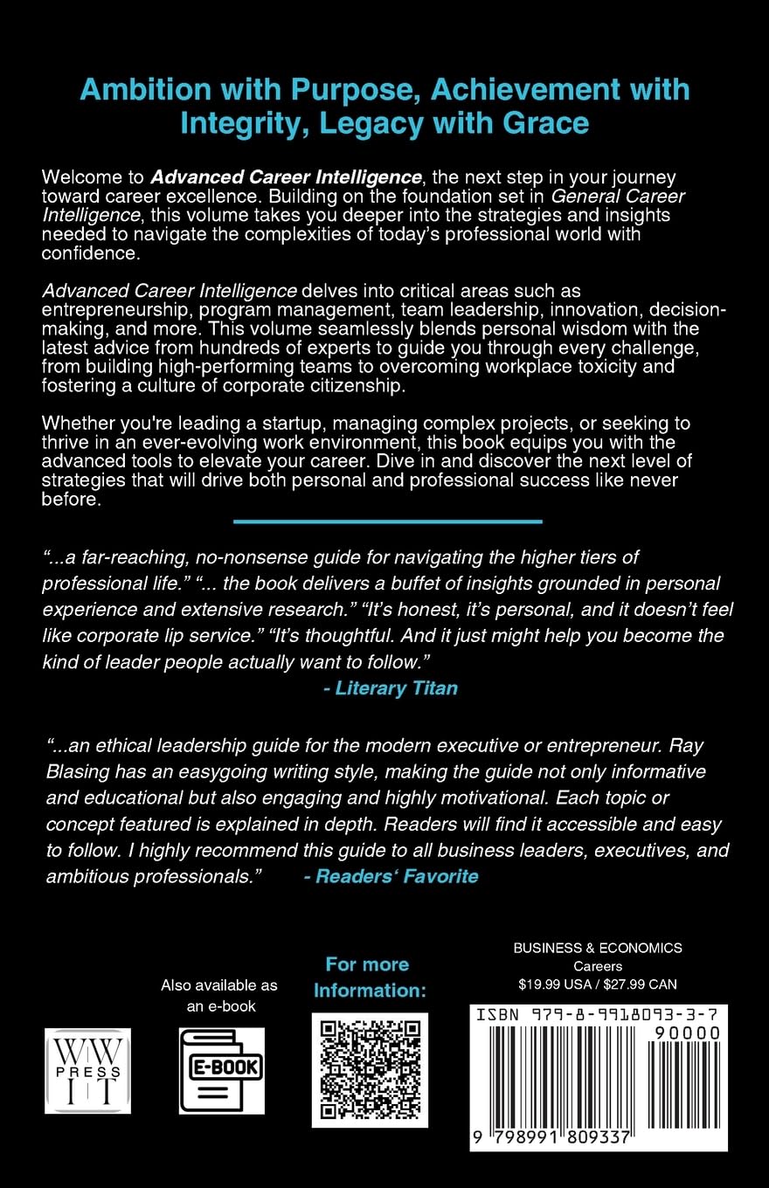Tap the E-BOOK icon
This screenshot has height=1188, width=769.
tap(221, 1070)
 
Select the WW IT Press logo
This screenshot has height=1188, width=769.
tap(87, 1070)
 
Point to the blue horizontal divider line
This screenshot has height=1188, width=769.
tap(388, 521)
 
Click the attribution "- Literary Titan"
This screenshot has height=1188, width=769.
tap(390, 687)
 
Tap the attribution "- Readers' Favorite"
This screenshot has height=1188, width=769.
tap(391, 875)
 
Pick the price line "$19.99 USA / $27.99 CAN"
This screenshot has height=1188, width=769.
tap(598, 984)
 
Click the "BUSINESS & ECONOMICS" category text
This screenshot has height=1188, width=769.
tap(598, 947)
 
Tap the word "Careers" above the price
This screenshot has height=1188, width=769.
tap(598, 965)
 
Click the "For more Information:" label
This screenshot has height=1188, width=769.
tap(369, 977)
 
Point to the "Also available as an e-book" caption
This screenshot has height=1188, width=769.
tap(219, 995)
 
